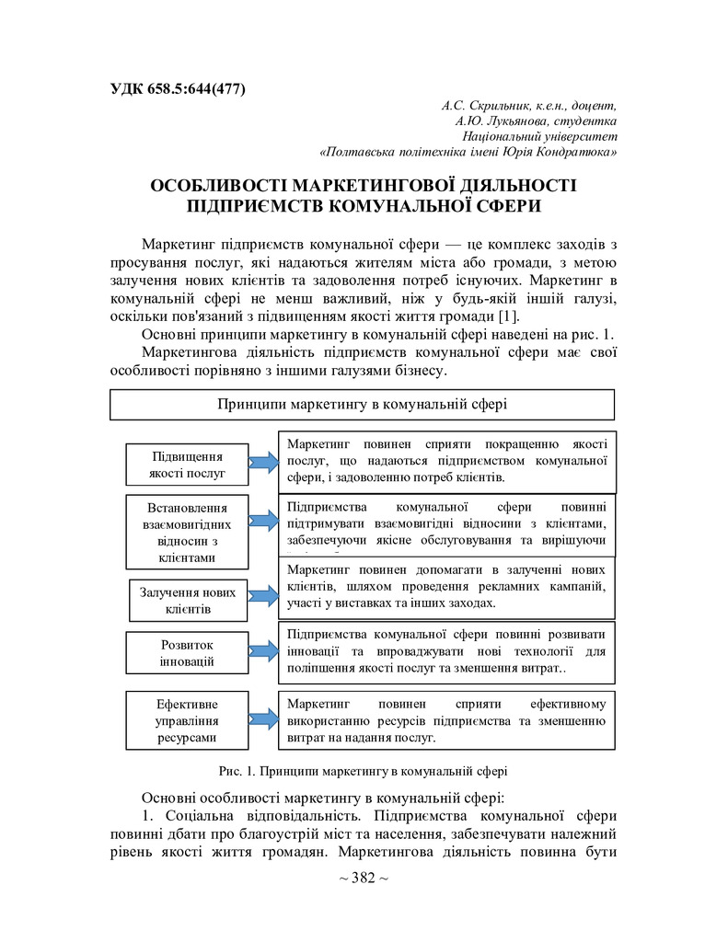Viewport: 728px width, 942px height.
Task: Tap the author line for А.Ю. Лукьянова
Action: [536, 121]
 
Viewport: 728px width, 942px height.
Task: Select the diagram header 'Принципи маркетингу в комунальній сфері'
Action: [362, 404]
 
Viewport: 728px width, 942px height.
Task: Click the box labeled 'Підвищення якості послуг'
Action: [187, 465]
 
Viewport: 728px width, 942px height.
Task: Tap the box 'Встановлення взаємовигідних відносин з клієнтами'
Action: [187, 533]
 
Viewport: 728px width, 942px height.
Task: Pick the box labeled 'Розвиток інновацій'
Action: [187, 652]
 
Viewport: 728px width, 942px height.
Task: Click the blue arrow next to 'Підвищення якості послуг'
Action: [263, 465]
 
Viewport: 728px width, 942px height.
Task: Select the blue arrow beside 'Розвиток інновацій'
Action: [263, 652]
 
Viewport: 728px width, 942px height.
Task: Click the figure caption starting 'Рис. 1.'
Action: [364, 771]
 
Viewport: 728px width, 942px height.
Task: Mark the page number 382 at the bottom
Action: [364, 878]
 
